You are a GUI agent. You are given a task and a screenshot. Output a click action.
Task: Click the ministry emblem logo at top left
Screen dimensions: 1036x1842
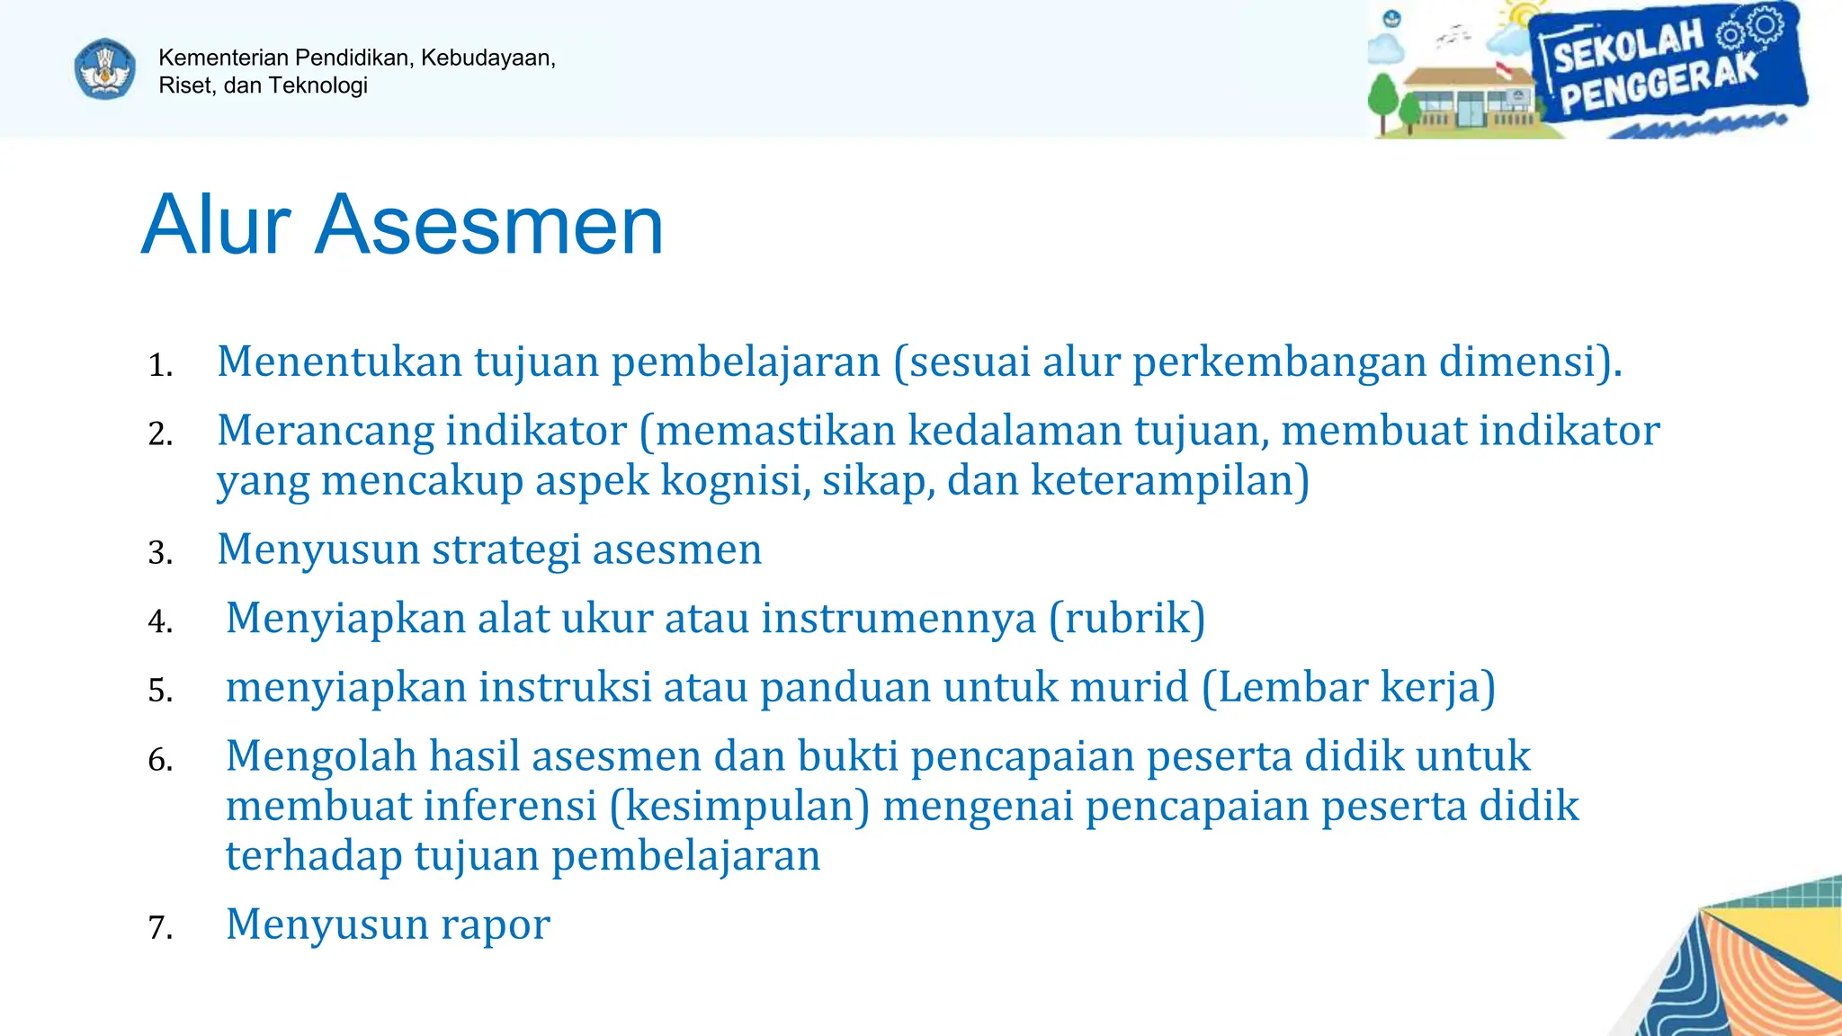(105, 69)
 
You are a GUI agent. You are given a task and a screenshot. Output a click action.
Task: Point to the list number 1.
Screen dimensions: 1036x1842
(159, 365)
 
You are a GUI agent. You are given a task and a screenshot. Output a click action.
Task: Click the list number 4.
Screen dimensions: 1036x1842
(159, 621)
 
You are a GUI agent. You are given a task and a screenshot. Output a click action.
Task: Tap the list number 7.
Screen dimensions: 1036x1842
(159, 927)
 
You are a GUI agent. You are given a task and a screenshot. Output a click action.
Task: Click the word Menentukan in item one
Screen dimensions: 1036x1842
(339, 362)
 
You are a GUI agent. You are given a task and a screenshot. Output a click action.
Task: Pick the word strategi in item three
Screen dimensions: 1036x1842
(505, 549)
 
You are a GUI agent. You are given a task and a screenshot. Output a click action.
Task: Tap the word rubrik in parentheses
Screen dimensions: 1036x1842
(1127, 618)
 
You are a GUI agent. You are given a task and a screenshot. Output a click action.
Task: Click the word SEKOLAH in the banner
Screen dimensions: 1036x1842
(1628, 47)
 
